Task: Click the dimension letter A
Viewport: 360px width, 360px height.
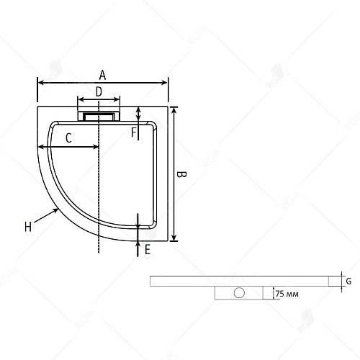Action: [103, 74]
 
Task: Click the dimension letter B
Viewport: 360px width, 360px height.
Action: [182, 175]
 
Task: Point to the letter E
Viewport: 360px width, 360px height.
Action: [147, 250]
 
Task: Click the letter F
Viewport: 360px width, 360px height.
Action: [133, 132]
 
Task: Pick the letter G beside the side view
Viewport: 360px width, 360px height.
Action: [348, 281]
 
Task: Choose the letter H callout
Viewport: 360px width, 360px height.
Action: [27, 228]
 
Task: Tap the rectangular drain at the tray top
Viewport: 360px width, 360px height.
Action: [99, 114]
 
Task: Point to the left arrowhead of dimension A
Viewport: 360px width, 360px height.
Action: [40, 82]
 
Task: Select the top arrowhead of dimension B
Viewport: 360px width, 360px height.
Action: [174, 108]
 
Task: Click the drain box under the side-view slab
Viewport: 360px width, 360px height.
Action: [239, 293]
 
